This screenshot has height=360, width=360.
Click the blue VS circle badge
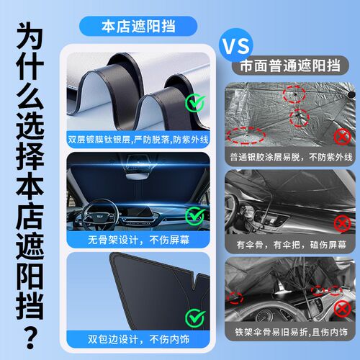pos(236,45)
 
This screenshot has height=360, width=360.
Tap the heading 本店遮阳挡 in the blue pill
pos(138,26)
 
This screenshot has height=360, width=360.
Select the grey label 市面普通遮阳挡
pos(290,66)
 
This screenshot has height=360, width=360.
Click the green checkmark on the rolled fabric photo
pos(195,103)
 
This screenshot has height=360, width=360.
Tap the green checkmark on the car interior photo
pos(195,216)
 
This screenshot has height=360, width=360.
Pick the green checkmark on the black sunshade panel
pos(195,318)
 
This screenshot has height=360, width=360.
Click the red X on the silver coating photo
pos(343,137)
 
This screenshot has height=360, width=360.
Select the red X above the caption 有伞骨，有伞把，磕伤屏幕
pos(343,224)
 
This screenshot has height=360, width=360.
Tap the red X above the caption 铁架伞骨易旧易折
pos(343,310)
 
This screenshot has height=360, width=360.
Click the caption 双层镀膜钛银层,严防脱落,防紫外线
pos(138,140)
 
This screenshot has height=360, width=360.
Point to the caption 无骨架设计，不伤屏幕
pos(138,240)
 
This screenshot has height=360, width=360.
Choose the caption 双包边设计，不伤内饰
pos(138,339)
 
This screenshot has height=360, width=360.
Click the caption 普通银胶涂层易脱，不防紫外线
pos(291,158)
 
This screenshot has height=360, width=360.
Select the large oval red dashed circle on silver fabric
pos(246,135)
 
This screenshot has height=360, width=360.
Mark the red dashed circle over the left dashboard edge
pos(235,298)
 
